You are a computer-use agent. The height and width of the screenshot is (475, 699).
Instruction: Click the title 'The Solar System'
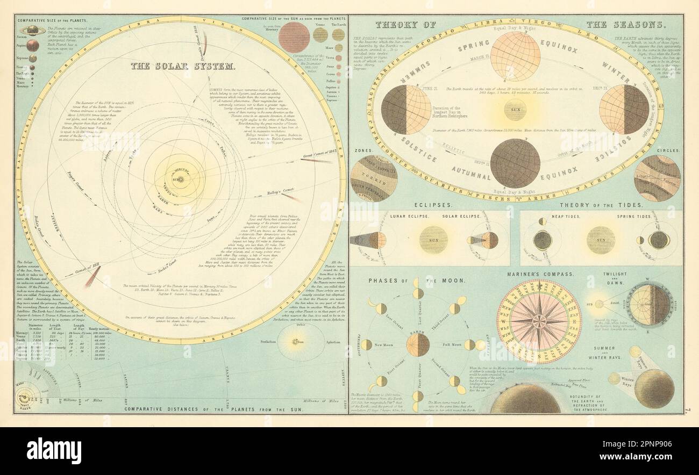pyautogui.click(x=182, y=67)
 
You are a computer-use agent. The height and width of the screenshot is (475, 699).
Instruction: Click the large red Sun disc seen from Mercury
pyautogui.click(x=294, y=37)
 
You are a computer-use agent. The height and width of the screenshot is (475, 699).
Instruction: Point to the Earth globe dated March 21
pyautogui.click(x=515, y=56)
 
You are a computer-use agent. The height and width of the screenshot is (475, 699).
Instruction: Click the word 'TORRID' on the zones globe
pyautogui.click(x=373, y=177)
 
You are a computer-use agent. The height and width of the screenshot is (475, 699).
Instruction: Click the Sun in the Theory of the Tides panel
pyautogui.click(x=601, y=240)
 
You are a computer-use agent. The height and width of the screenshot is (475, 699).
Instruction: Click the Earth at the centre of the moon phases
pyautogui.click(x=418, y=344)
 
